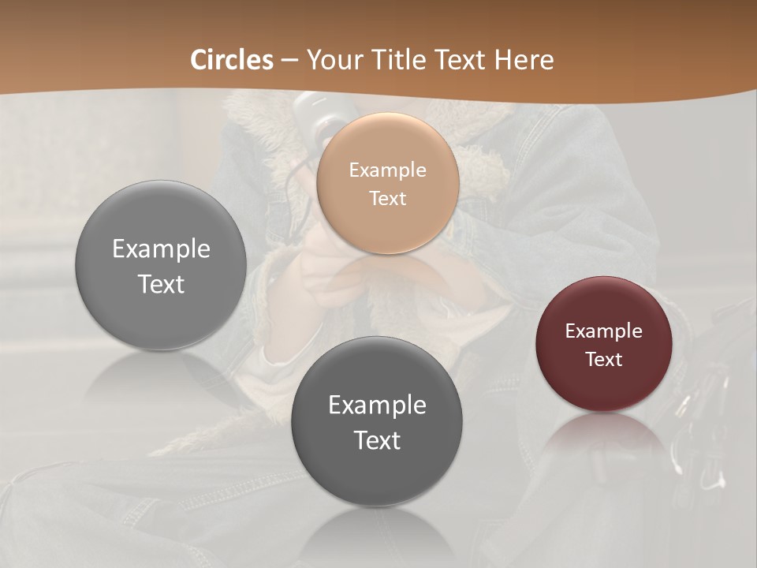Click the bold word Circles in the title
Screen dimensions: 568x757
pos(232,60)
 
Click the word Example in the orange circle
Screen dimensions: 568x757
pos(388,170)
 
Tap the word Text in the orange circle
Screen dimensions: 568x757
pos(388,198)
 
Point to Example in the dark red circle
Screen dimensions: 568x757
pos(604,331)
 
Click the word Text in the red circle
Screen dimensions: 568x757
pos(604,359)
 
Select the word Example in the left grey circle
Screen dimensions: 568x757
pos(161,248)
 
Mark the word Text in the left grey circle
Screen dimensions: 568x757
pos(161,284)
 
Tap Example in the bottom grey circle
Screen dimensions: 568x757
pos(377,405)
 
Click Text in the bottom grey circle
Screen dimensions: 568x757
pos(377,440)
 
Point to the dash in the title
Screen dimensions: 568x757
pos(289,61)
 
